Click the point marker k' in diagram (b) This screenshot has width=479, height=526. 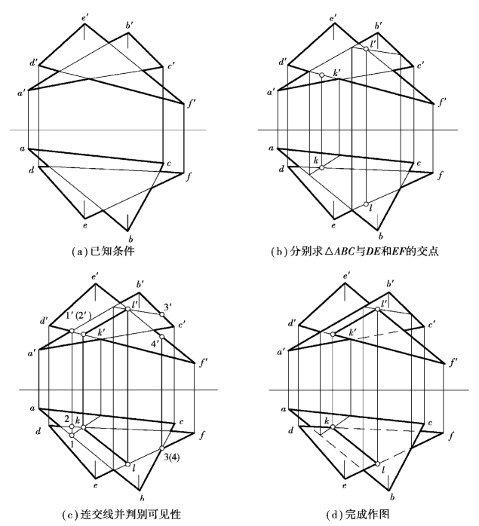point(321,75)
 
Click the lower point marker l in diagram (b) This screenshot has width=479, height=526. point(366,204)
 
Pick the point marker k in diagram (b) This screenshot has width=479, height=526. point(321,167)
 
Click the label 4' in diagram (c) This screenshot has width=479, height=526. point(156,344)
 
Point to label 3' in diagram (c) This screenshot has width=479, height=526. point(168,306)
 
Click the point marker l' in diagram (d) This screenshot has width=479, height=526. point(377,308)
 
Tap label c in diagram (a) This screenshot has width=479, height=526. point(169,164)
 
